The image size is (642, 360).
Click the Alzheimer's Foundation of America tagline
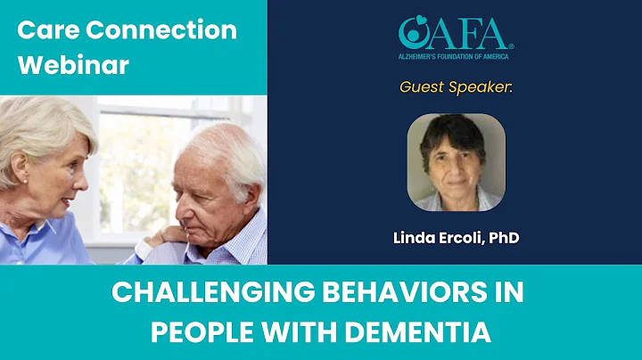click(456, 56)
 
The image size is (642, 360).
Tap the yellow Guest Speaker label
click(456, 87)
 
